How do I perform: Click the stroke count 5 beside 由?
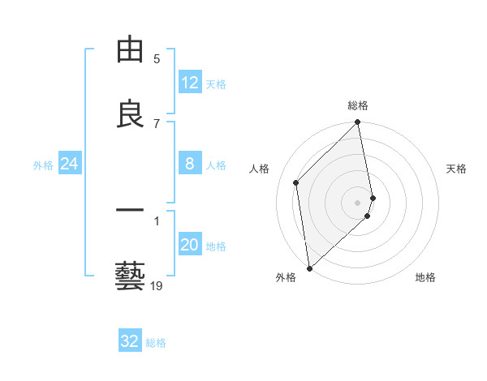click(157, 58)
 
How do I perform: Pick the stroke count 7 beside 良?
click(157, 123)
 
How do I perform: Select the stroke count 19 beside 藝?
click(157, 285)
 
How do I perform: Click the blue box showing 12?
click(190, 83)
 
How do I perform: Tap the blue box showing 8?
click(190, 164)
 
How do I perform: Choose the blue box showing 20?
click(190, 245)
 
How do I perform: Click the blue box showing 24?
click(70, 164)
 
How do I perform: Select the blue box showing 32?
click(130, 341)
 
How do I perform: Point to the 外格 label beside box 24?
click(43, 165)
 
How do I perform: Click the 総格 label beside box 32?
click(156, 342)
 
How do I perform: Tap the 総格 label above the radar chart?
click(358, 105)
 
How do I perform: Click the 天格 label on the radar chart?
click(457, 169)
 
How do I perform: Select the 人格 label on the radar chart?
click(259, 169)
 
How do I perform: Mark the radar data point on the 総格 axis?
click(358, 123)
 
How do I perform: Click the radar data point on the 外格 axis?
click(308, 268)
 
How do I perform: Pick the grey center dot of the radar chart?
click(358, 202)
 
